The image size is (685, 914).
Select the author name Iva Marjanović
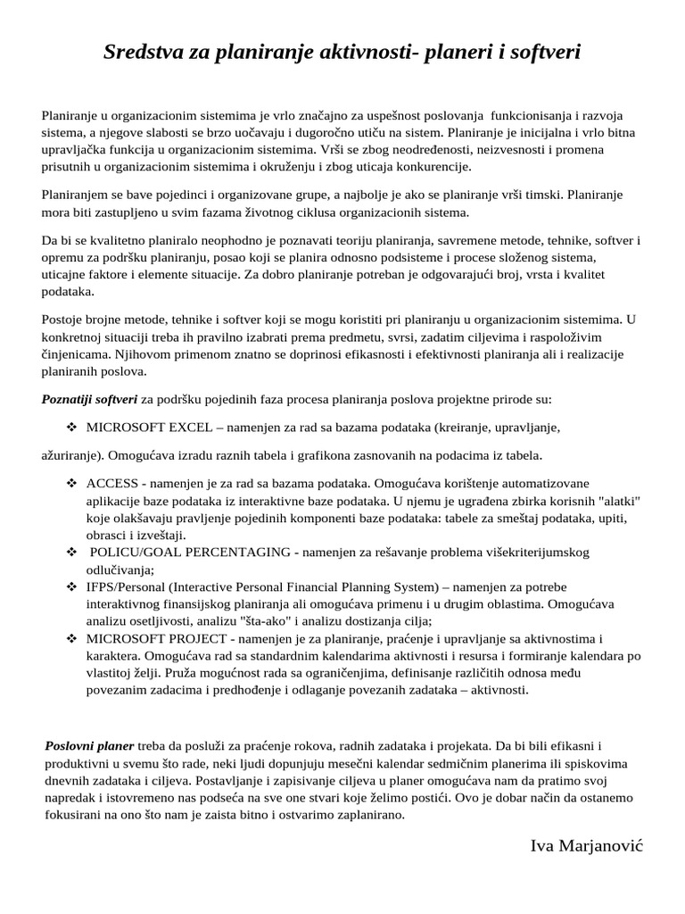click(x=586, y=845)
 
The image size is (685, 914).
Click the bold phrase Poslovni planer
click(x=89, y=744)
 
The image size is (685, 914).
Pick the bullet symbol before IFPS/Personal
click(x=72, y=586)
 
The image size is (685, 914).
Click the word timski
click(x=521, y=194)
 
